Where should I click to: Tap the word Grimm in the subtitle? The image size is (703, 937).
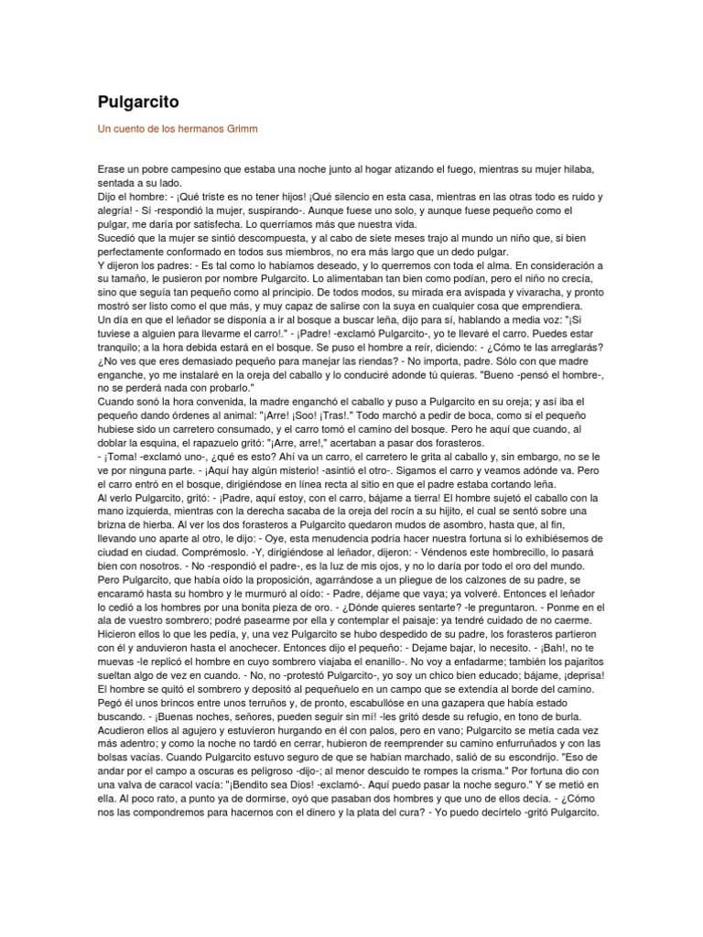239,129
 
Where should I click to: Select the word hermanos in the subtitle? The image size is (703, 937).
193,129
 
